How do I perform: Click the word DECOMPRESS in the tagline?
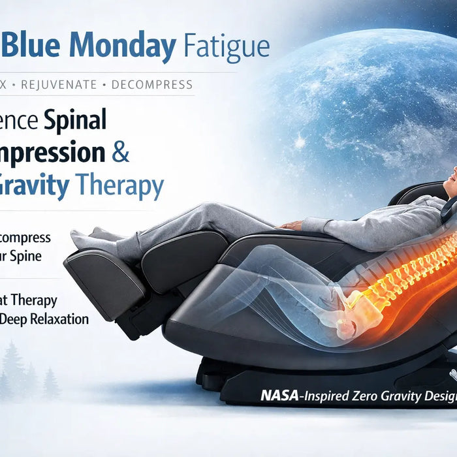pyautogui.click(x=152, y=85)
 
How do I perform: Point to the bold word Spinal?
pyautogui.click(x=74, y=120)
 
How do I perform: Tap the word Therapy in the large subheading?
pyautogui.click(x=120, y=186)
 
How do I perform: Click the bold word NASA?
pyautogui.click(x=279, y=395)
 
